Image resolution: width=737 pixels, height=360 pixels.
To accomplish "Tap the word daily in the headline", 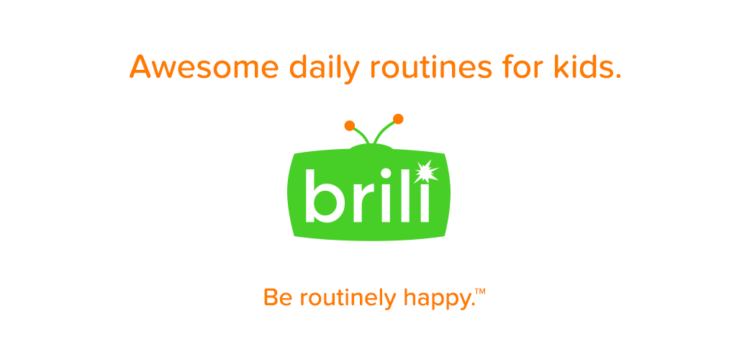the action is tap(325, 68).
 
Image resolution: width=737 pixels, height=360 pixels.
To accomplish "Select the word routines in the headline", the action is tap(430, 67).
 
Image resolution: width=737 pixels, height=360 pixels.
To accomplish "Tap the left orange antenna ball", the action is tap(349, 125).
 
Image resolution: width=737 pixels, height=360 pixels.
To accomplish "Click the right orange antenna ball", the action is tap(398, 119).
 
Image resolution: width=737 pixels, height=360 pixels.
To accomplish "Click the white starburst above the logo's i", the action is tap(425, 172).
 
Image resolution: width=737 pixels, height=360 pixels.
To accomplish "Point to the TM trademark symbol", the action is tap(479, 292).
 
